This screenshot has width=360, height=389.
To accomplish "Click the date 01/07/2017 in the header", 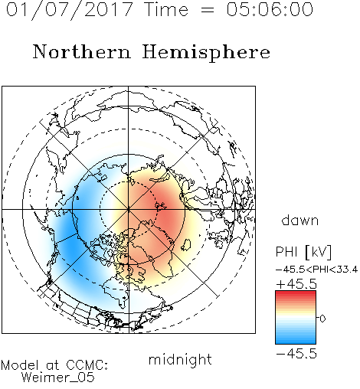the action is click(70, 10).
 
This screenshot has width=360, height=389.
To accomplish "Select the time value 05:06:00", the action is click(270, 9).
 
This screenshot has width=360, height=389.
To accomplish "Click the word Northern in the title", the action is click(82, 52).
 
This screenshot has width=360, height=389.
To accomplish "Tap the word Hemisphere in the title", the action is click(206, 53).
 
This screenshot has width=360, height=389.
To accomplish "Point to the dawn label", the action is click(300, 220).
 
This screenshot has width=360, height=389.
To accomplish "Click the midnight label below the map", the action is click(180, 359).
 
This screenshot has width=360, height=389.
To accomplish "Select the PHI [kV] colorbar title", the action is click(303, 252).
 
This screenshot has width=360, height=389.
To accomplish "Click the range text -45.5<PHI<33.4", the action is click(316, 270).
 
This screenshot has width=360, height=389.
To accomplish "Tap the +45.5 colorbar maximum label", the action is click(296, 284).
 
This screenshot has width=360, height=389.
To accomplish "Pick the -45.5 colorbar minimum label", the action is click(296, 354).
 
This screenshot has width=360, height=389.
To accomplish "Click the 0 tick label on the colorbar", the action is click(322, 319).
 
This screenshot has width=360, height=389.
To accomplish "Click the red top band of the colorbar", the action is click(296, 293).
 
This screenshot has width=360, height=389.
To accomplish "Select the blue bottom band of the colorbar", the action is click(296, 341).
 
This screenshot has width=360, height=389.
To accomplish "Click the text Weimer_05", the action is click(58, 377).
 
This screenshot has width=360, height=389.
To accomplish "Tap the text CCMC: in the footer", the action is click(87, 365).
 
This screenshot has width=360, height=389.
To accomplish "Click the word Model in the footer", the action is click(20, 365).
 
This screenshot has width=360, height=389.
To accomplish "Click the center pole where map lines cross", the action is click(129, 210).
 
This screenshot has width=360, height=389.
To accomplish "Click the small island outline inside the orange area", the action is click(186, 245).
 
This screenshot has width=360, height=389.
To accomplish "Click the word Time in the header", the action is click(167, 9).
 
